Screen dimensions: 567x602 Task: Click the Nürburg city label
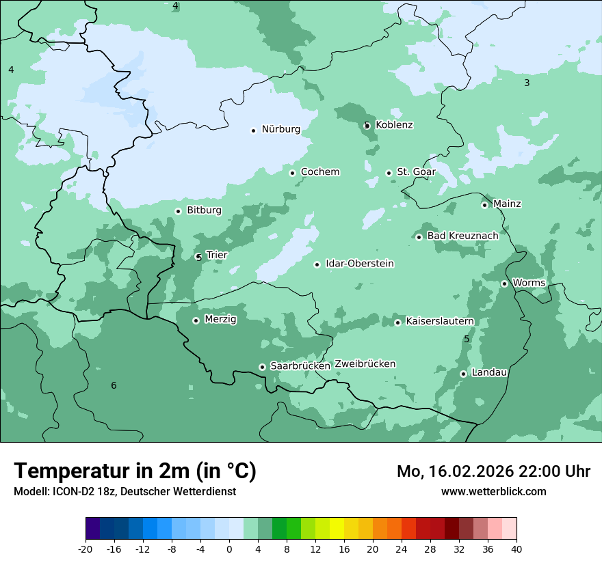280,129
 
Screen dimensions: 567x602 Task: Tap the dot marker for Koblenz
367,125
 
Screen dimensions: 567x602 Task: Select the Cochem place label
319,172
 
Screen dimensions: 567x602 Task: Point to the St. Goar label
416,172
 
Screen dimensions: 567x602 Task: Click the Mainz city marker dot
484,205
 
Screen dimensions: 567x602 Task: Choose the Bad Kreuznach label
462,236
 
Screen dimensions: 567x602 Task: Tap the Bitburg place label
204,210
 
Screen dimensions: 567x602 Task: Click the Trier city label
216,255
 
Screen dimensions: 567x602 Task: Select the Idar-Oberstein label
360,264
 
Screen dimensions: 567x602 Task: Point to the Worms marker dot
504,283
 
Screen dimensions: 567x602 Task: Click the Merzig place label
220,319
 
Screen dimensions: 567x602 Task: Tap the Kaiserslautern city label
439,321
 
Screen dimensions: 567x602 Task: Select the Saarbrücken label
300,366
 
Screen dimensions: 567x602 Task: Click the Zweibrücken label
365,364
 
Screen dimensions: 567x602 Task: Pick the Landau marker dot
463,374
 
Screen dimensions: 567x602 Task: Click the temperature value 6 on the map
114,386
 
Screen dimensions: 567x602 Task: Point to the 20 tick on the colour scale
373,549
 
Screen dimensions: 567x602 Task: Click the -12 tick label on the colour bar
142,549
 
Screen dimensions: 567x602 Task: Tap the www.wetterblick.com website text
493,491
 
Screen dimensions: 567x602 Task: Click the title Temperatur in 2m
135,471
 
